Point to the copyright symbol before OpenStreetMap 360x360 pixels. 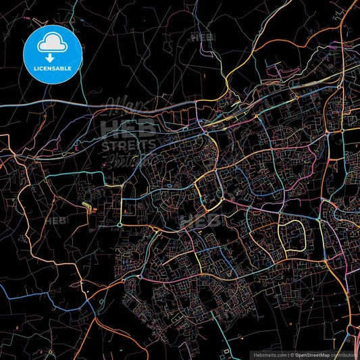(x=291, y=354)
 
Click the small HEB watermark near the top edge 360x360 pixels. (x=202, y=38)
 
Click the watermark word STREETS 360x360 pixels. (x=128, y=145)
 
